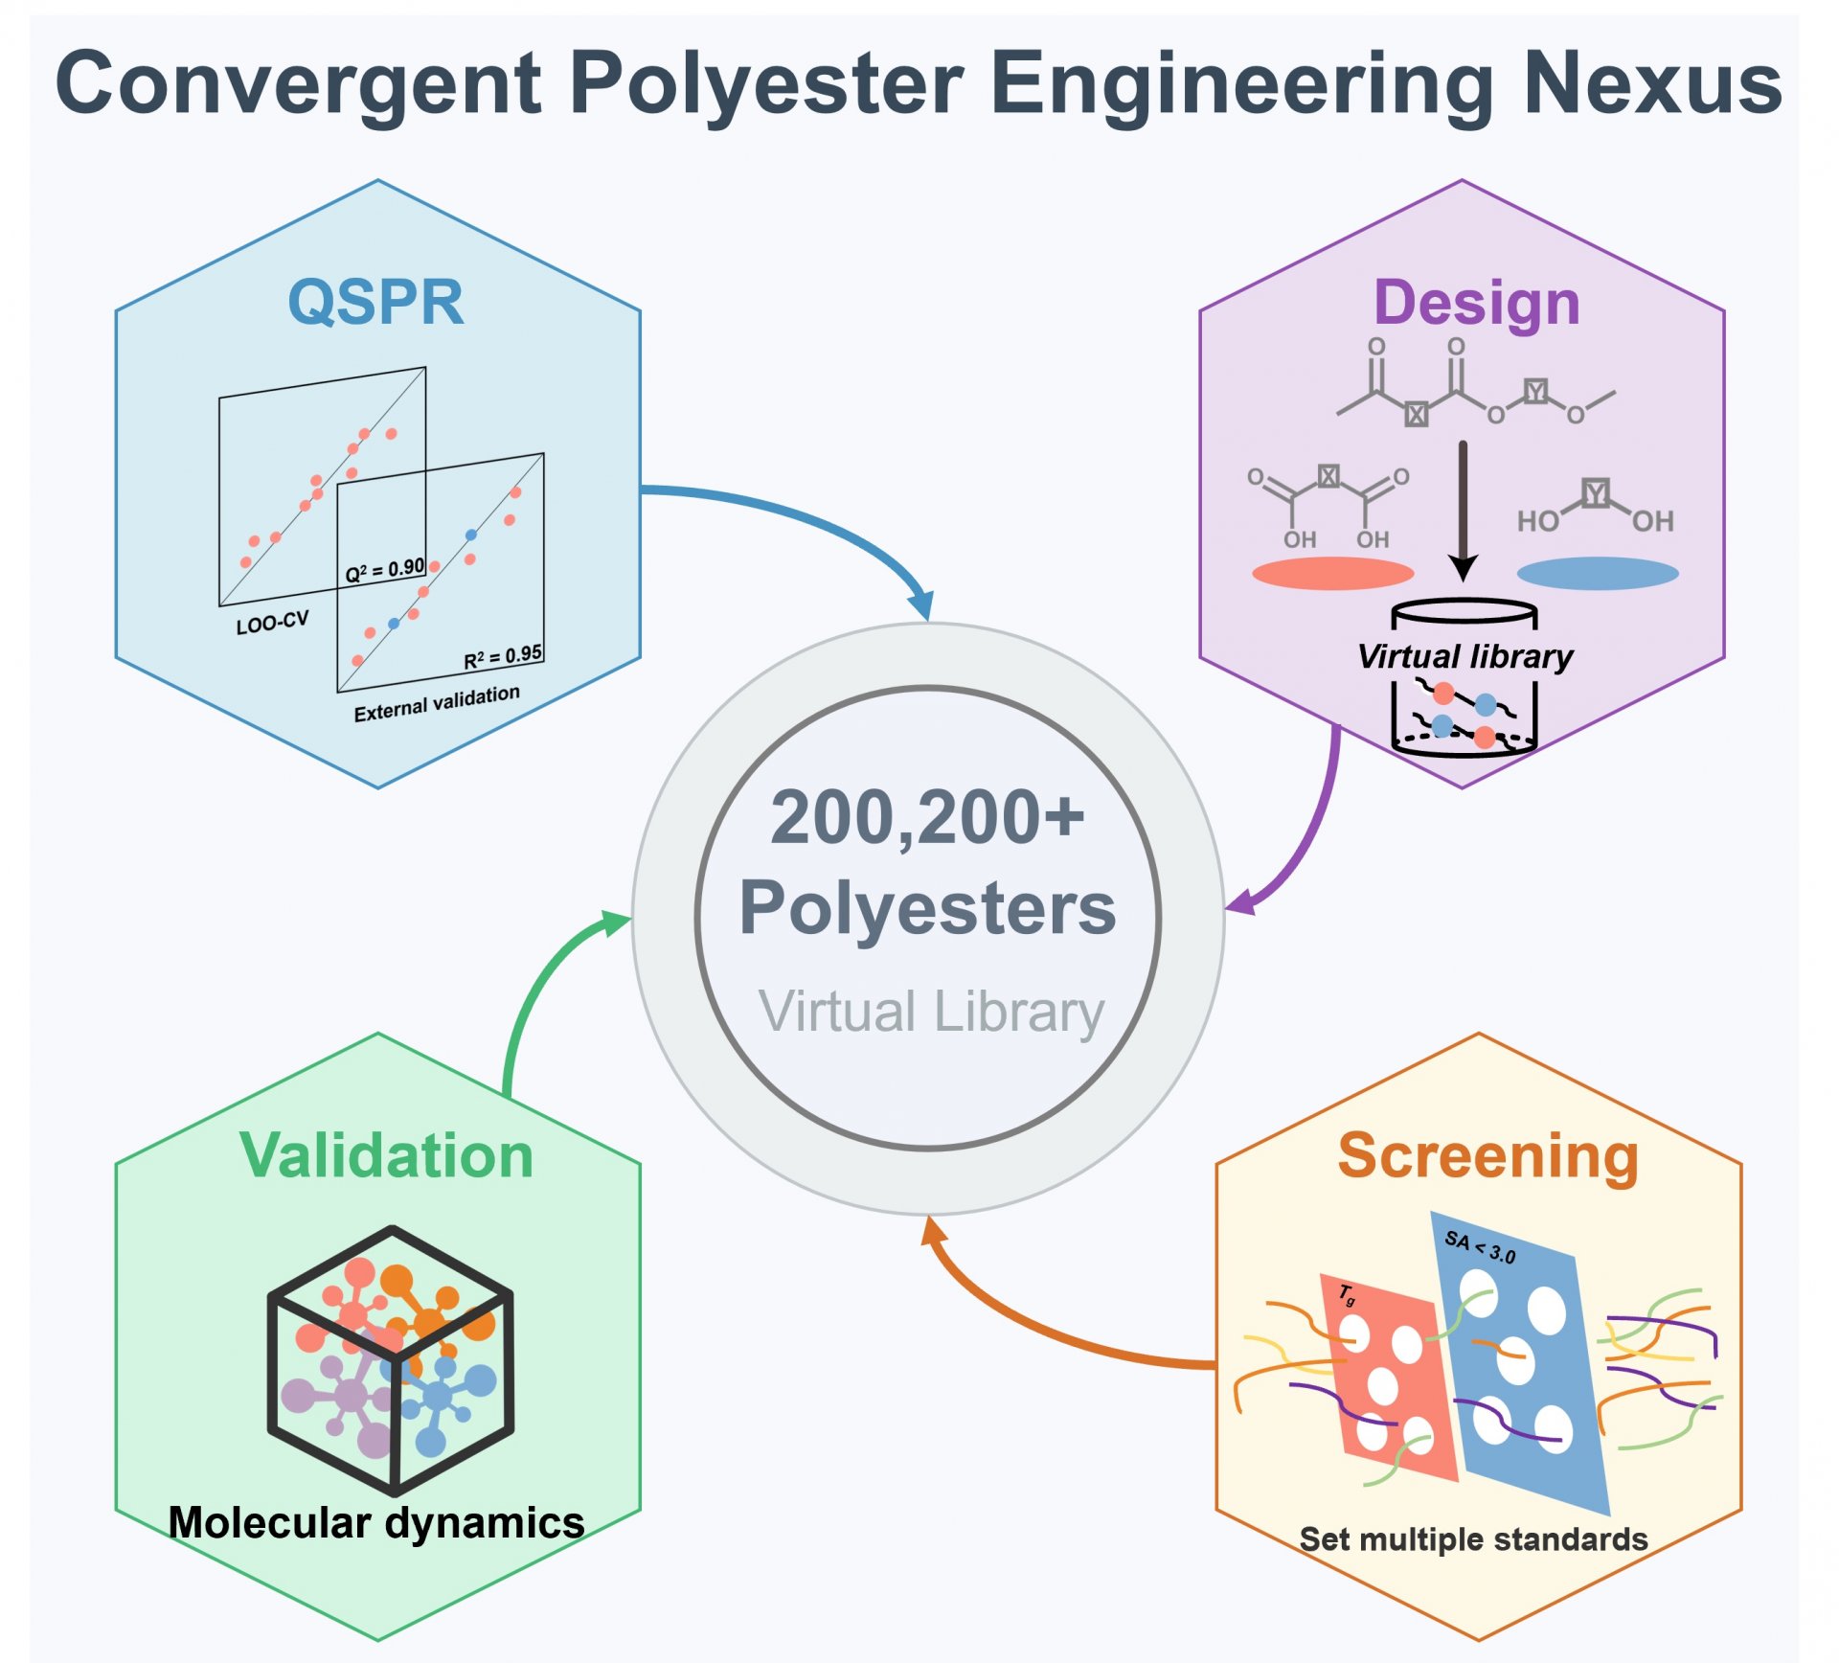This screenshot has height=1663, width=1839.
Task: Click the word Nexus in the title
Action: (x=1652, y=84)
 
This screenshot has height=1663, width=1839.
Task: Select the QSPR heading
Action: (x=376, y=303)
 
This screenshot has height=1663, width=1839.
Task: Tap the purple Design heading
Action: (x=1476, y=305)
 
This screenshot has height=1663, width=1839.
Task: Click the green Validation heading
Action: (x=386, y=1155)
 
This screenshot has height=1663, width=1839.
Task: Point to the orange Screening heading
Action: (x=1488, y=1157)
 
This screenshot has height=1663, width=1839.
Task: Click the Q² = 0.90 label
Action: (x=385, y=570)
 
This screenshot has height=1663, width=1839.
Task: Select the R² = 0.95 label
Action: (x=503, y=657)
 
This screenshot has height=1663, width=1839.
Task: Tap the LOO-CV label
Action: (x=273, y=624)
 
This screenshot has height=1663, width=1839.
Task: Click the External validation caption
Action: (x=437, y=703)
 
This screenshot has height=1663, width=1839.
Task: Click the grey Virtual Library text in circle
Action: (x=932, y=1013)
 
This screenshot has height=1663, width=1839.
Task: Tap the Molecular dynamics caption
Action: (x=376, y=1523)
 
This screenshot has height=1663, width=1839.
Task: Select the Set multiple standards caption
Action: (x=1473, y=1539)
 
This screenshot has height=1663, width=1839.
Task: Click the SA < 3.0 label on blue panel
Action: (x=1480, y=1247)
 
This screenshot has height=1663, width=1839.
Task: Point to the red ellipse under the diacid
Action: (x=1333, y=574)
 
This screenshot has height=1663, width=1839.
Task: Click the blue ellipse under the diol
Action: (x=1598, y=574)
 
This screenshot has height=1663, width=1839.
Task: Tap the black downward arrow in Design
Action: (x=1463, y=511)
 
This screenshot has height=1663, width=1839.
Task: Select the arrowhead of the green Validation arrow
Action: (x=613, y=923)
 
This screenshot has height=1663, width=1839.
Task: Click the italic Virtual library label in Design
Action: (x=1465, y=657)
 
